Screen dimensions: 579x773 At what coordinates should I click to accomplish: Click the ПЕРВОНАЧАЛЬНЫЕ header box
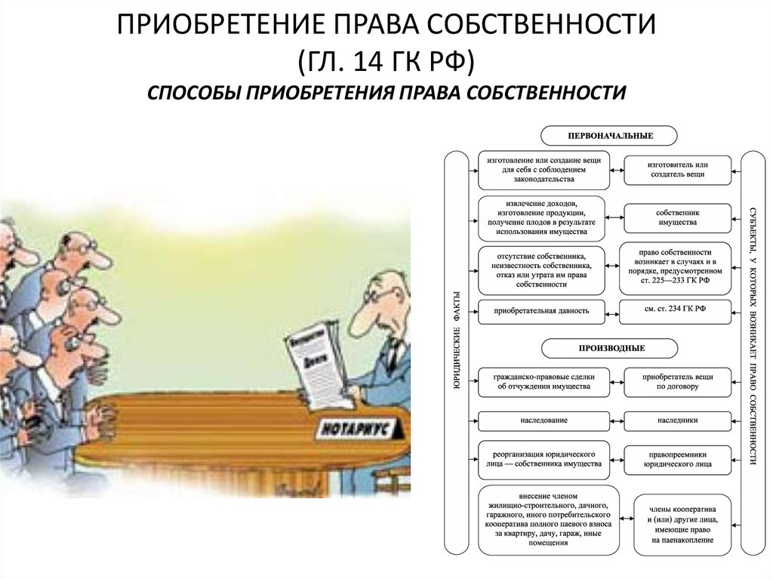(609, 135)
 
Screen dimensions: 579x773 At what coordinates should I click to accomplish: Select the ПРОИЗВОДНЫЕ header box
(609, 348)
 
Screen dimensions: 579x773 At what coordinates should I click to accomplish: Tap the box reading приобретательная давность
(543, 311)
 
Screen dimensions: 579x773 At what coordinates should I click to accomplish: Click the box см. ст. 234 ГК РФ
(676, 311)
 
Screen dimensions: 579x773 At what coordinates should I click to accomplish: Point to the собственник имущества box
(677, 217)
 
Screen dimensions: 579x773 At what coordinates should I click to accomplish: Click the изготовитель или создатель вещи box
(677, 169)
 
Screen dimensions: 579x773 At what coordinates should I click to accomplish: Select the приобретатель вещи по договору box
(677, 380)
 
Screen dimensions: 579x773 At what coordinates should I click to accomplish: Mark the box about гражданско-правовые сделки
(543, 380)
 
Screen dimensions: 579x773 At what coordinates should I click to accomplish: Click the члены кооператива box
(682, 520)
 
